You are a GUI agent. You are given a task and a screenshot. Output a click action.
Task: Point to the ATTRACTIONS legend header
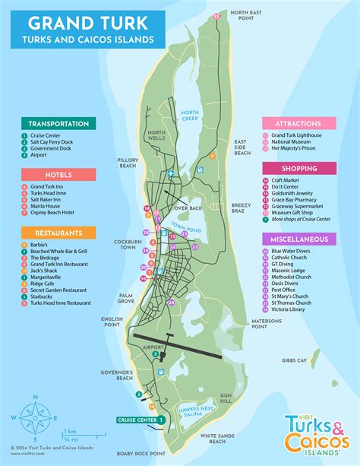point(298,123)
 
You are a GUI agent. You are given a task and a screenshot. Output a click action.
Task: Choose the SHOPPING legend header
point(298,168)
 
